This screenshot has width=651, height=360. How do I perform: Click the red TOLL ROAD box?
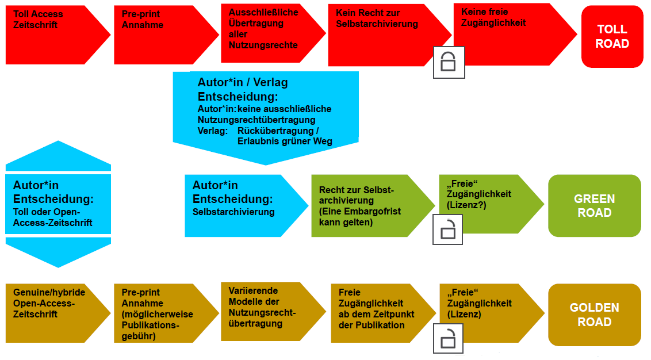point(612,37)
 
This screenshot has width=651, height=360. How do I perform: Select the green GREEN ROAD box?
point(594,206)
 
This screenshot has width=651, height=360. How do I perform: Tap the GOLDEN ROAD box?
point(594,315)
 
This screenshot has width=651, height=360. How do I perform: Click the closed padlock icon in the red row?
point(449,62)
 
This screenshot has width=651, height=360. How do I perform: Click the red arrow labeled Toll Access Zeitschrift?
point(52,35)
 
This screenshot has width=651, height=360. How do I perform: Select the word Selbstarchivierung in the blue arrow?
point(233,212)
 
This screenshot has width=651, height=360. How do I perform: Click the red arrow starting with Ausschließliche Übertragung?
point(267,33)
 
